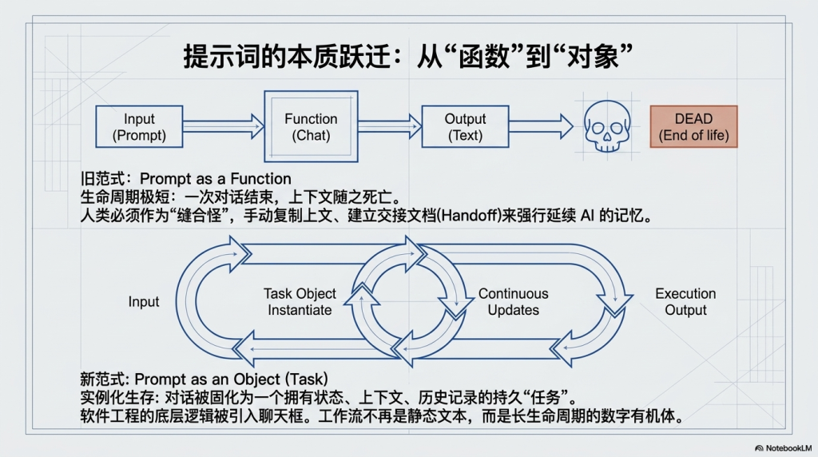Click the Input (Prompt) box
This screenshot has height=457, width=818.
tap(139, 127)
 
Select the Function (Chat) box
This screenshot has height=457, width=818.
tap(311, 126)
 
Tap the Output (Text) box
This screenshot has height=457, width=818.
tap(466, 127)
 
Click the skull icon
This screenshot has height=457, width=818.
tap(607, 126)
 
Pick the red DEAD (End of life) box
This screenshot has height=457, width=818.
tap(694, 127)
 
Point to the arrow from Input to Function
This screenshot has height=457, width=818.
tap(224, 127)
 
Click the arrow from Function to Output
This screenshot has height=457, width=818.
tap(390, 127)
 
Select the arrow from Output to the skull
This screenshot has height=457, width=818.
tap(541, 127)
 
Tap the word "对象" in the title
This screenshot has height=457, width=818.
tap(592, 56)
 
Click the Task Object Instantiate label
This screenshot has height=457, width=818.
tap(300, 302)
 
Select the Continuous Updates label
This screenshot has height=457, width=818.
tap(514, 302)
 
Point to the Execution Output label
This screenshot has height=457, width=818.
tap(685, 302)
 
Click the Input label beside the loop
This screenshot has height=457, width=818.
tap(144, 302)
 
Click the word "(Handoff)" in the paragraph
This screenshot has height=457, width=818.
tap(469, 216)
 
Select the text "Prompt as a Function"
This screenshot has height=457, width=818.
tap(216, 179)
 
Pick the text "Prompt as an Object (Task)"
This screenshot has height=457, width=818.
tap(231, 380)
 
